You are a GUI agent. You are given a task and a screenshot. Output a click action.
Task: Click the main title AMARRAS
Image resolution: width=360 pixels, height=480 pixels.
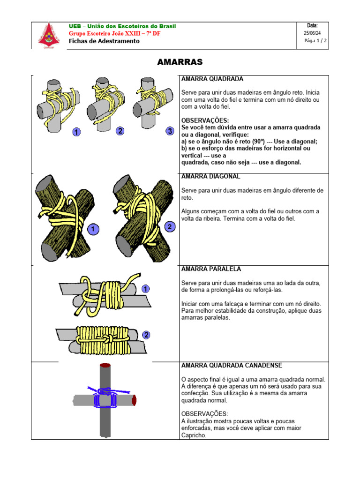point(180,62)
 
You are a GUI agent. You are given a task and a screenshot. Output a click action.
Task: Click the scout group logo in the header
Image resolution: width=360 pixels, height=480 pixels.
point(46,35)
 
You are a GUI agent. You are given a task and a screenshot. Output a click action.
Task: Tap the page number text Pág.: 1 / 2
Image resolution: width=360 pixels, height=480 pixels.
point(315,41)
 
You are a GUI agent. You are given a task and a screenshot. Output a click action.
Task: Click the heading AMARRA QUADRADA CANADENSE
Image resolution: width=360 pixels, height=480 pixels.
point(232,365)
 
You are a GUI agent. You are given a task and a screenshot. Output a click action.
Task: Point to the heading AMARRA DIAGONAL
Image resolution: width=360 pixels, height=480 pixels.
point(210,176)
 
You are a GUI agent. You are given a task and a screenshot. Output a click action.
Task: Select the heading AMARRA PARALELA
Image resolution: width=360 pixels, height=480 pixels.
point(211,269)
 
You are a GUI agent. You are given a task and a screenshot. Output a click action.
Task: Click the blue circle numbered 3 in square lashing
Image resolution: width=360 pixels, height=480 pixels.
point(170,131)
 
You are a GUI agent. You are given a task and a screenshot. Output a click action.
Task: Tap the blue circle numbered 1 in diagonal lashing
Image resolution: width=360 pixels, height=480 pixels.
point(93,229)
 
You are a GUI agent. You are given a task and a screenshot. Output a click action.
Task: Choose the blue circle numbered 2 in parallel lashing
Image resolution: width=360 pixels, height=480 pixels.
point(146,335)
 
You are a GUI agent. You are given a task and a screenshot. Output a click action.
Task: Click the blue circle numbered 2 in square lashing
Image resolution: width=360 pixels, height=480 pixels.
point(120,131)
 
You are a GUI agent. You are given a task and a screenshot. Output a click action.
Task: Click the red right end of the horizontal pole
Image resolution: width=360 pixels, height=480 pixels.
point(135,400)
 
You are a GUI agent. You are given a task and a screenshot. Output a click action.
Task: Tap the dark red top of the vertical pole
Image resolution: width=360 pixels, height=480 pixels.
point(105,365)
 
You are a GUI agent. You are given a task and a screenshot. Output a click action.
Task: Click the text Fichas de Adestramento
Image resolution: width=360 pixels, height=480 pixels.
point(104,41)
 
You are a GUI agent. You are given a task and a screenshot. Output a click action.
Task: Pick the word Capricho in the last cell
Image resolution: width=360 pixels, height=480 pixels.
point(193,435)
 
